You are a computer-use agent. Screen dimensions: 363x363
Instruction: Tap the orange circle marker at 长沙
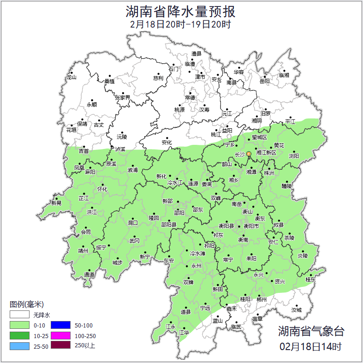point(249,154)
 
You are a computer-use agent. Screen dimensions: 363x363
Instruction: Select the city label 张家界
point(122,97)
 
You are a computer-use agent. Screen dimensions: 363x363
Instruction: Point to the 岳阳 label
point(264,82)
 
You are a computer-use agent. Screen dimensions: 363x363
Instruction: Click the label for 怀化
point(102,189)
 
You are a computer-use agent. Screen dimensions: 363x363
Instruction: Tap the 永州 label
point(196,266)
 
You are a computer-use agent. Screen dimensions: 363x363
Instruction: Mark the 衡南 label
point(243,240)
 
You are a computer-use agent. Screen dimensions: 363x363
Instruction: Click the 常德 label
point(190,97)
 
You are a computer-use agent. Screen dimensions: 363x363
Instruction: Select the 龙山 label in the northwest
point(71,77)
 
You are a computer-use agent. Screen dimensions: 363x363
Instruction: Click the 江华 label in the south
point(184,332)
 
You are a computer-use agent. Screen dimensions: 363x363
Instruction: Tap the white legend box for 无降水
point(19,315)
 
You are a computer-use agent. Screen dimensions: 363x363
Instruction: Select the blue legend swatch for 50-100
point(60,326)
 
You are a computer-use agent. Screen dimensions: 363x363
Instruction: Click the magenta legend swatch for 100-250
point(60,336)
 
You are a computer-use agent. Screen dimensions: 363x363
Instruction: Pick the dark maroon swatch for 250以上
point(60,345)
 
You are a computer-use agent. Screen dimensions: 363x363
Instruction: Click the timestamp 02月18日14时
point(310,346)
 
